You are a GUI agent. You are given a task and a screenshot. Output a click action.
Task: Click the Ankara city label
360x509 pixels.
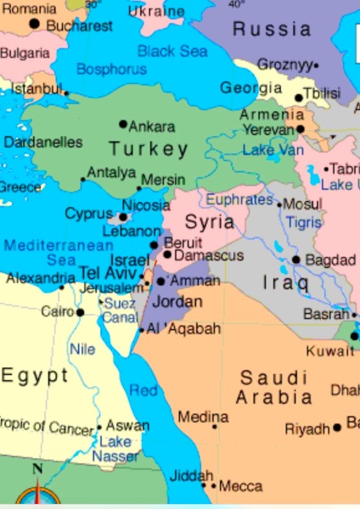click(x=152, y=126)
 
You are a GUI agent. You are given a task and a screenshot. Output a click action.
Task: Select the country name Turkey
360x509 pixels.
click(x=149, y=150)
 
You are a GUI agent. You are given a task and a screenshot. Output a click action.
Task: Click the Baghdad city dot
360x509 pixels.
click(x=296, y=260)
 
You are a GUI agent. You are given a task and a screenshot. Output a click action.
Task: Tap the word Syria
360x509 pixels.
click(x=209, y=223)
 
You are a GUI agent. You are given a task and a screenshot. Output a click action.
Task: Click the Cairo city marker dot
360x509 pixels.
click(x=80, y=312)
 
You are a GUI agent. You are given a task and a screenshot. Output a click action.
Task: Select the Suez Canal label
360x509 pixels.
click(x=120, y=310)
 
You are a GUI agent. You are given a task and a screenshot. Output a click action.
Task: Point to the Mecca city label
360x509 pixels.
click(x=240, y=487)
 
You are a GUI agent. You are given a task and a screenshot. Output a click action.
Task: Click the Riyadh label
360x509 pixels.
click(x=307, y=429)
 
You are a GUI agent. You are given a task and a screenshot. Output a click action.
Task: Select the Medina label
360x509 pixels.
click(x=203, y=417)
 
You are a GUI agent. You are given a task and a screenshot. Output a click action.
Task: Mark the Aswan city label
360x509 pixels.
click(x=127, y=426)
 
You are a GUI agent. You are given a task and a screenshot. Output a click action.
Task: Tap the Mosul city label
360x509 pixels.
click(x=303, y=204)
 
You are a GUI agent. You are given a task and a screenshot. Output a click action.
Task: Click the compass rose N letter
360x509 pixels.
click(x=37, y=468)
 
